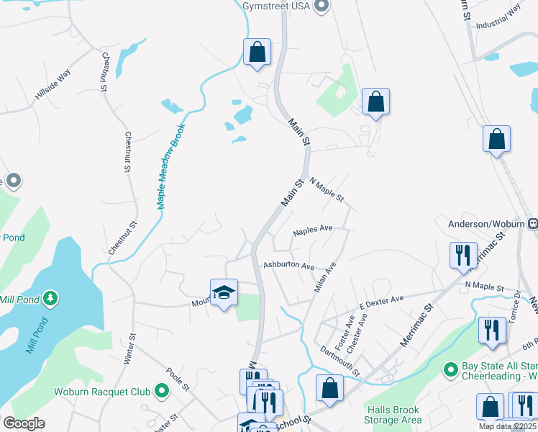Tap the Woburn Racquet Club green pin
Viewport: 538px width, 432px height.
pos(162,392)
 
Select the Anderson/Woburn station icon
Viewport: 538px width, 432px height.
pos(532,224)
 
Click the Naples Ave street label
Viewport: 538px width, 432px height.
pos(313,230)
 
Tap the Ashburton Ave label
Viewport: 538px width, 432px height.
pos(288,266)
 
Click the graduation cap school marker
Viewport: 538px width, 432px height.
pos(224,292)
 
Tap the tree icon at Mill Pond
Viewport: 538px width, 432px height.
pos(50,297)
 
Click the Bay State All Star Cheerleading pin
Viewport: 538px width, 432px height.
pos(451,370)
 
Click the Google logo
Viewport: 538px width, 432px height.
pos(24,423)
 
